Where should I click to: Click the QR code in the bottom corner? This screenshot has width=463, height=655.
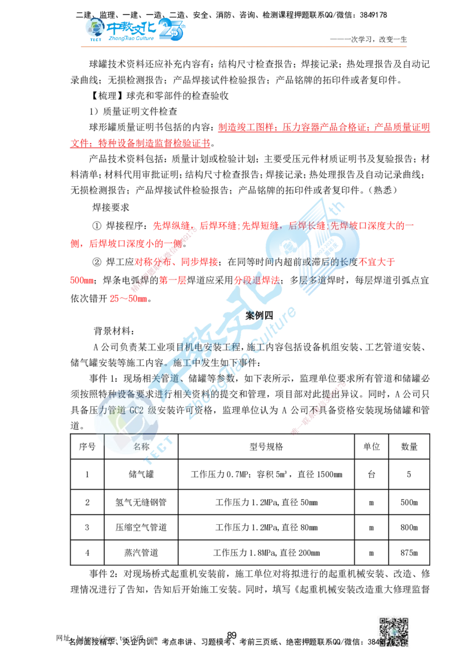tap(393, 632)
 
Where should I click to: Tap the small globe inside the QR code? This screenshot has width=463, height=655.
tap(394, 632)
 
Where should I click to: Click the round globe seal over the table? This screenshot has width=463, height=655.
tap(127, 425)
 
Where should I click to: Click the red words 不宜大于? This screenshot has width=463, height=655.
tap(380, 262)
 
